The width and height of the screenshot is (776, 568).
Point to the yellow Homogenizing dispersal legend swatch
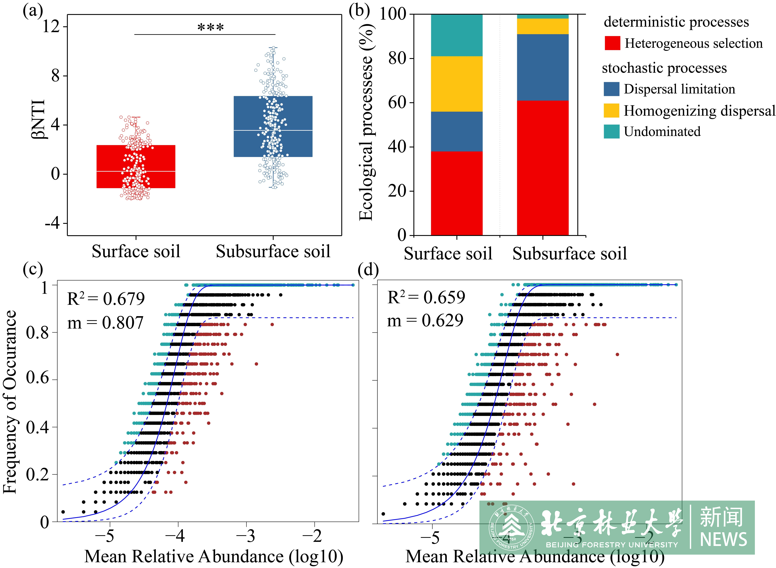click(611, 110)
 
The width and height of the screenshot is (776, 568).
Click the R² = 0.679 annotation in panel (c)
click(106, 298)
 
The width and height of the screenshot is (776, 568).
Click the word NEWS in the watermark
click(723, 539)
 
